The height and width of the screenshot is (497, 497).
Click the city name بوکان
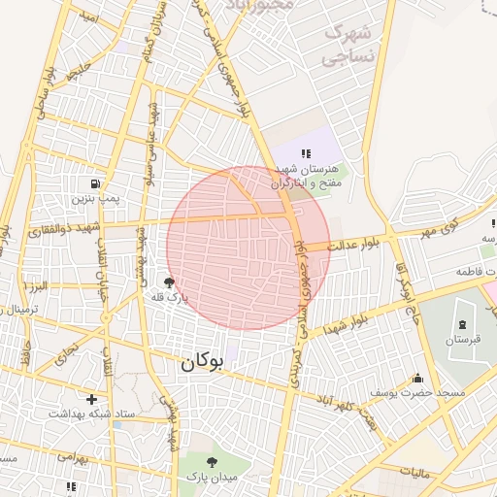click(x=201, y=363)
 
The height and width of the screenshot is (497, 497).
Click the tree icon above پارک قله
click(x=170, y=283)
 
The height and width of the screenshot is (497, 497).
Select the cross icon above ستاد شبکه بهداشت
click(x=91, y=399)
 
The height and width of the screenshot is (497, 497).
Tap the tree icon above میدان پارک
click(x=212, y=462)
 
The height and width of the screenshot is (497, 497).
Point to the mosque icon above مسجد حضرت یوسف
click(x=417, y=378)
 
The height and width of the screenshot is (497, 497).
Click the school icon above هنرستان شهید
click(x=307, y=153)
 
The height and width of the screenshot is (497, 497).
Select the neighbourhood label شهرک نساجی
click(x=348, y=44)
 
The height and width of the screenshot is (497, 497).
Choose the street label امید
click(x=89, y=18)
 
